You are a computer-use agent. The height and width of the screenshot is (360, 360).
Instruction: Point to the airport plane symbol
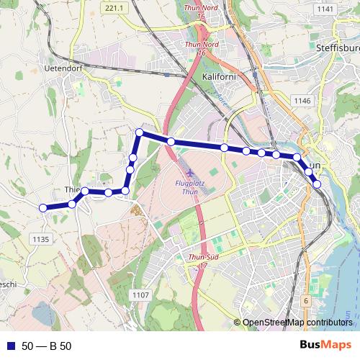pos(189,174)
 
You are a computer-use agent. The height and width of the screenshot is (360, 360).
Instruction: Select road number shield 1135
pos(40,239)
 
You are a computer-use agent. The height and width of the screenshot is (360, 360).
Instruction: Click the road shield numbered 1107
pos(141,294)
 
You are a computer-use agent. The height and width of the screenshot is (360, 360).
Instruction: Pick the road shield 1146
pos(302,102)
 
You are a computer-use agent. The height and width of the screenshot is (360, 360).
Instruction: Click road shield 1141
pos(325,9)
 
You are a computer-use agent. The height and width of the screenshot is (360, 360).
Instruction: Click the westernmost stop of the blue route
pos(42,207)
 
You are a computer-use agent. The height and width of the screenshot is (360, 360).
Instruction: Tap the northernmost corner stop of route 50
pos(140,132)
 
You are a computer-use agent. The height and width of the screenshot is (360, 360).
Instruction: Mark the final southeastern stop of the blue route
pos(317,184)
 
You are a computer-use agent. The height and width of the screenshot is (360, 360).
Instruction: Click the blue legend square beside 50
pos(9,346)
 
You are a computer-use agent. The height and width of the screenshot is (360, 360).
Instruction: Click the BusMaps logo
pos(325,346)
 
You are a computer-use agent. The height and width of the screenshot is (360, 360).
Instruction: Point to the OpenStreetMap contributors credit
pos(297,322)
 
